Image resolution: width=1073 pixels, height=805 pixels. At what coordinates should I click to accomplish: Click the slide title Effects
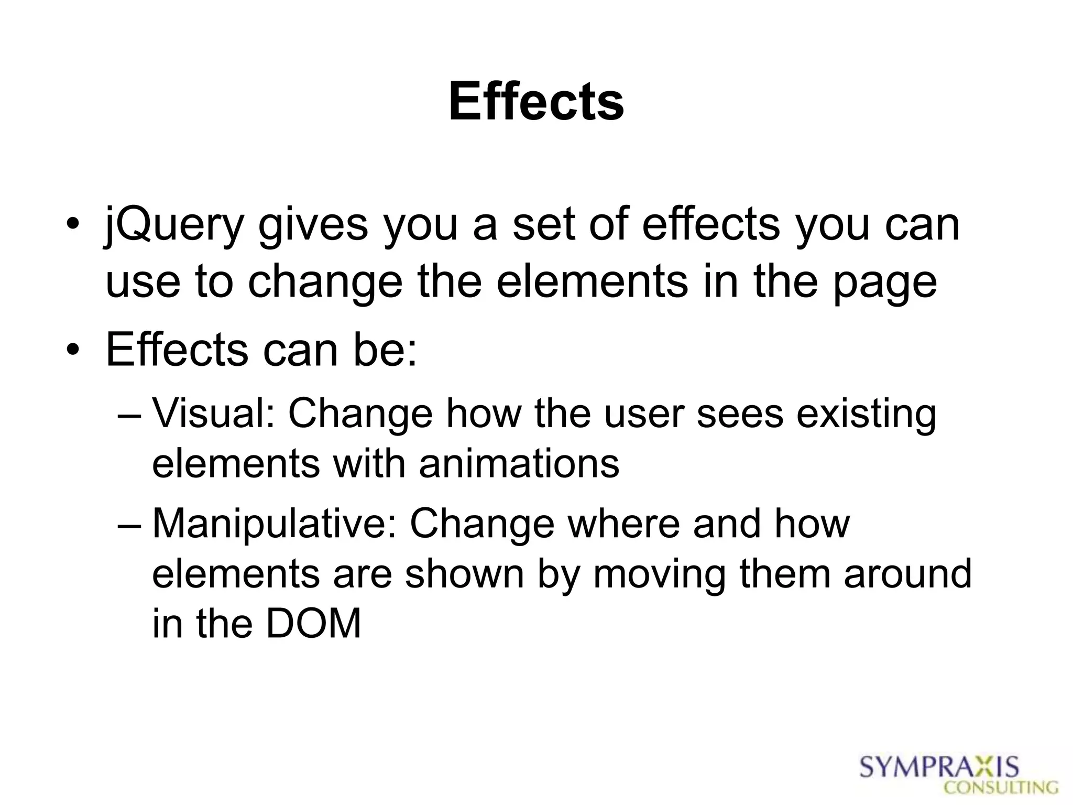(x=536, y=102)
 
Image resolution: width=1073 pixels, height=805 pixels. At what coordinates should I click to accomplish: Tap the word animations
(x=519, y=464)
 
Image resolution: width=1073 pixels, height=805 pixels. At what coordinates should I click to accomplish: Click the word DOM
(x=313, y=624)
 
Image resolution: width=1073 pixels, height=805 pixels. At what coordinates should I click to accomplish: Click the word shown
(x=464, y=574)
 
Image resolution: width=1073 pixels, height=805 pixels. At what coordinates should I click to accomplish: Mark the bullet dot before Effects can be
(x=73, y=351)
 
